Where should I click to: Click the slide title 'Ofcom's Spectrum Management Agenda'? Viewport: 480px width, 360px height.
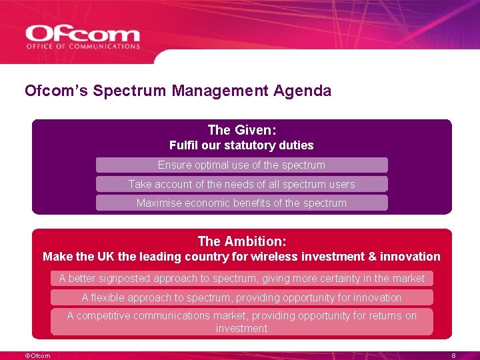point(177,91)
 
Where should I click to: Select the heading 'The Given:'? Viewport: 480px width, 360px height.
point(241,130)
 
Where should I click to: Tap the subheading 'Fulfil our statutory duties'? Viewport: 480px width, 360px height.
point(241,145)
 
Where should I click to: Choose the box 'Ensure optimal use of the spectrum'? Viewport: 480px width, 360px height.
point(241,165)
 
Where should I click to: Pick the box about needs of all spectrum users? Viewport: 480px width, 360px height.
point(241,184)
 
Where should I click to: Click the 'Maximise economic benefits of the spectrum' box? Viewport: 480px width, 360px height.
point(241,203)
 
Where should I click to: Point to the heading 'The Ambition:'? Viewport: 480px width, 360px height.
point(241,241)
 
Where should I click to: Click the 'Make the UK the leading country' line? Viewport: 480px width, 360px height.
point(241,257)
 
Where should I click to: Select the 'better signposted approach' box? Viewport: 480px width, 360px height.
point(241,278)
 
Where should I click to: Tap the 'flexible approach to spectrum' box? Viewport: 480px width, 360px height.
point(241,297)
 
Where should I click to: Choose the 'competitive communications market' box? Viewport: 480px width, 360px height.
point(241,321)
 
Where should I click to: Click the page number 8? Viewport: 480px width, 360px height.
point(453,356)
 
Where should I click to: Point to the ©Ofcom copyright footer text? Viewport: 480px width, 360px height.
point(37,356)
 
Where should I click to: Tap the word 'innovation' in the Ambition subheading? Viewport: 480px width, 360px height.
point(410,257)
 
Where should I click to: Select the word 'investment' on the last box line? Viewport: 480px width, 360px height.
point(241,329)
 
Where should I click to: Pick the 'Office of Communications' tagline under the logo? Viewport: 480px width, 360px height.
point(83,47)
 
